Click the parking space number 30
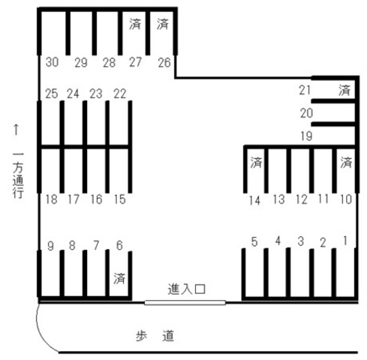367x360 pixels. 53,62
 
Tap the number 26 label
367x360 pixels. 164,62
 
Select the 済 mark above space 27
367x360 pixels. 135,24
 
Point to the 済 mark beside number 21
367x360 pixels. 344,90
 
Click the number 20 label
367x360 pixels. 306,113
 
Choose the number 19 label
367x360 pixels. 306,136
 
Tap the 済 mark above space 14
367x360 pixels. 256,163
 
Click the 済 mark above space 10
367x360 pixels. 346,163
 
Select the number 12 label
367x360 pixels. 302,199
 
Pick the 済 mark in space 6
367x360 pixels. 119,278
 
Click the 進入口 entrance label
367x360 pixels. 187,289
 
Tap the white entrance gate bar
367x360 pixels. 185,303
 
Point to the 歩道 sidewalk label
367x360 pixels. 155,336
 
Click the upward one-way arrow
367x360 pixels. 17,130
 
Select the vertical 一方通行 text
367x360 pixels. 18,175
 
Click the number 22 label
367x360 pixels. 119,94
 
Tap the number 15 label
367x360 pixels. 119,199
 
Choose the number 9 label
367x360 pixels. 50,246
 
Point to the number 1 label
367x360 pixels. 345,241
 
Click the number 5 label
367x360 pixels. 254,242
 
